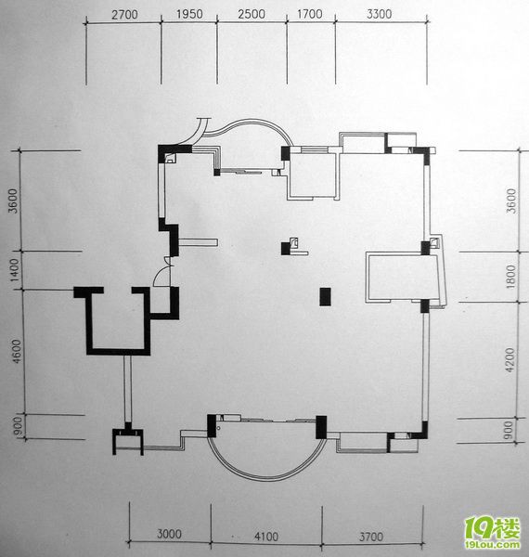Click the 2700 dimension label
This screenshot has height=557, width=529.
(124, 15)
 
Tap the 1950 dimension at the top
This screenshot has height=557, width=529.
(189, 14)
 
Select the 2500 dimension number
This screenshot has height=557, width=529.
(252, 14)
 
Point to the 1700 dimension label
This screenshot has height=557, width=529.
(310, 14)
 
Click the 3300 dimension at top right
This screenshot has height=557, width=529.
(380, 14)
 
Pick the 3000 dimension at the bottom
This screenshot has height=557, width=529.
(169, 534)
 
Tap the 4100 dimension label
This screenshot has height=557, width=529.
(266, 536)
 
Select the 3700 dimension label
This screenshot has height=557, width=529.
(370, 537)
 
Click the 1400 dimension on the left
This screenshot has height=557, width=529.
(14, 270)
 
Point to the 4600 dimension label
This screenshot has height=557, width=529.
(17, 352)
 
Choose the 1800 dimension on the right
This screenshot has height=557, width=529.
(510, 277)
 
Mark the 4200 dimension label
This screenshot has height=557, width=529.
(510, 360)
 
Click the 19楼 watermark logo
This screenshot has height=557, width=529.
(493, 532)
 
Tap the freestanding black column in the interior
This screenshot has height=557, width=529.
(325, 297)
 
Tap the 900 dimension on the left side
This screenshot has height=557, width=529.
(18, 427)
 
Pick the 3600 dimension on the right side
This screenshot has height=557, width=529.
(510, 201)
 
